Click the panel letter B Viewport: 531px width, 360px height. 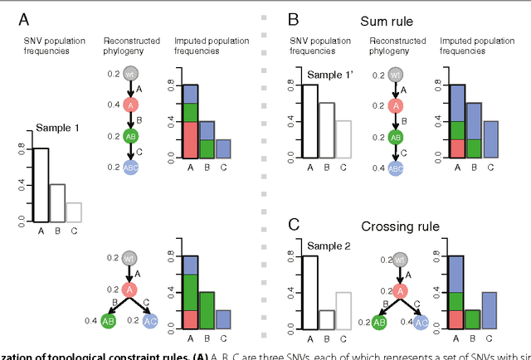[x=293, y=17]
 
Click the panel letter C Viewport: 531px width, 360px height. [x=293, y=224]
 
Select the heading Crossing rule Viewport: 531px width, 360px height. [x=399, y=225]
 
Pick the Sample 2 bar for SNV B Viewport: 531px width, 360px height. [x=326, y=319]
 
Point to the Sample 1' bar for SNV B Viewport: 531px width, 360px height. [x=328, y=130]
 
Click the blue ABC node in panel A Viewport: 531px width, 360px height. [x=131, y=167]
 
